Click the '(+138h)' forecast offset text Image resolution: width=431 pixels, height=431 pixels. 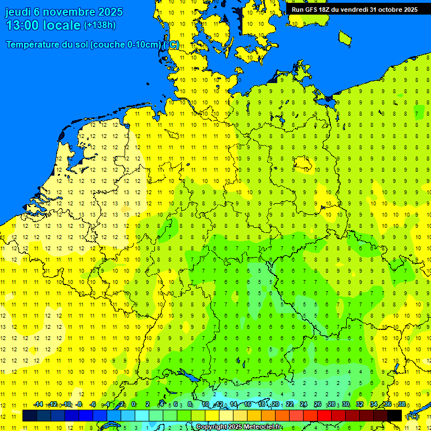[x=100, y=25]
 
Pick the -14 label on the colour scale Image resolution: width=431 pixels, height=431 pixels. [x=38, y=405]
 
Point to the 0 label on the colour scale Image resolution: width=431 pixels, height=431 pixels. [x=134, y=405]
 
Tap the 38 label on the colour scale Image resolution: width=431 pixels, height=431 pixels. [x=402, y=405]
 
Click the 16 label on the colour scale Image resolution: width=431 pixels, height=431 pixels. [x=247, y=405]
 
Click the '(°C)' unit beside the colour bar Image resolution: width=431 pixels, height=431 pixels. [x=412, y=416]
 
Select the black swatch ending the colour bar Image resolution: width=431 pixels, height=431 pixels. [x=395, y=416]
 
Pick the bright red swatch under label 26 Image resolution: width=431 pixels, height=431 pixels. [x=324, y=416]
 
